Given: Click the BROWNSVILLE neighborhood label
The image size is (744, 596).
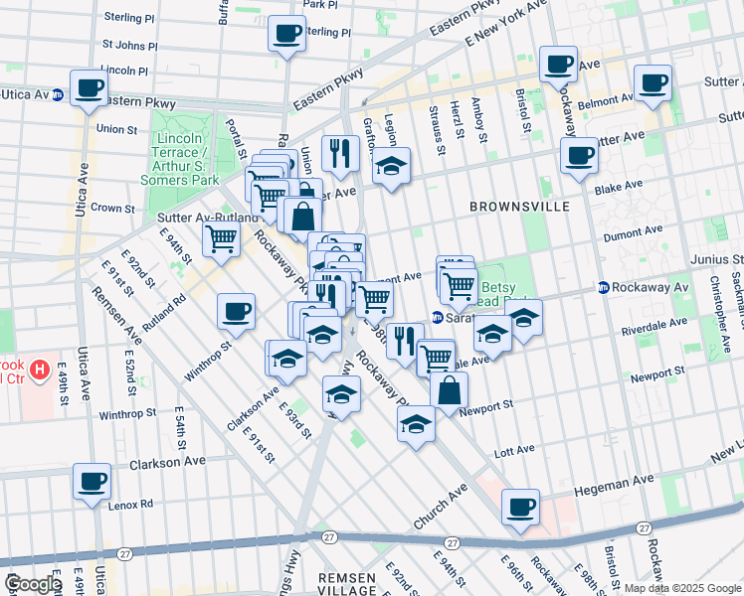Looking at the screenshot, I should coord(520,206).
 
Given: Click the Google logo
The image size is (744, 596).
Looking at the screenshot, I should coord(33,584).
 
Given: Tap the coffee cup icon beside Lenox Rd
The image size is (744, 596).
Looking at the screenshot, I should coord(93,482).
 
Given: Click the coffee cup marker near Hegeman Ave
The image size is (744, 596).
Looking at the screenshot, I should coord(520,507).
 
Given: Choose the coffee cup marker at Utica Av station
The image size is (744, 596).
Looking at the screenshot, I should coord(88,87).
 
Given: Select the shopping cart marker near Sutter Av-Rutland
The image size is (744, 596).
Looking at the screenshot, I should coord(220,238).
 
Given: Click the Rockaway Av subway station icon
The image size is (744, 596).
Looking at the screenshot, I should coord(604,287).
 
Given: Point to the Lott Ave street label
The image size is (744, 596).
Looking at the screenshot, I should coord(515,451).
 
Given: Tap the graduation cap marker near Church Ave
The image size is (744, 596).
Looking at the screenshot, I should coord(417,425).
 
